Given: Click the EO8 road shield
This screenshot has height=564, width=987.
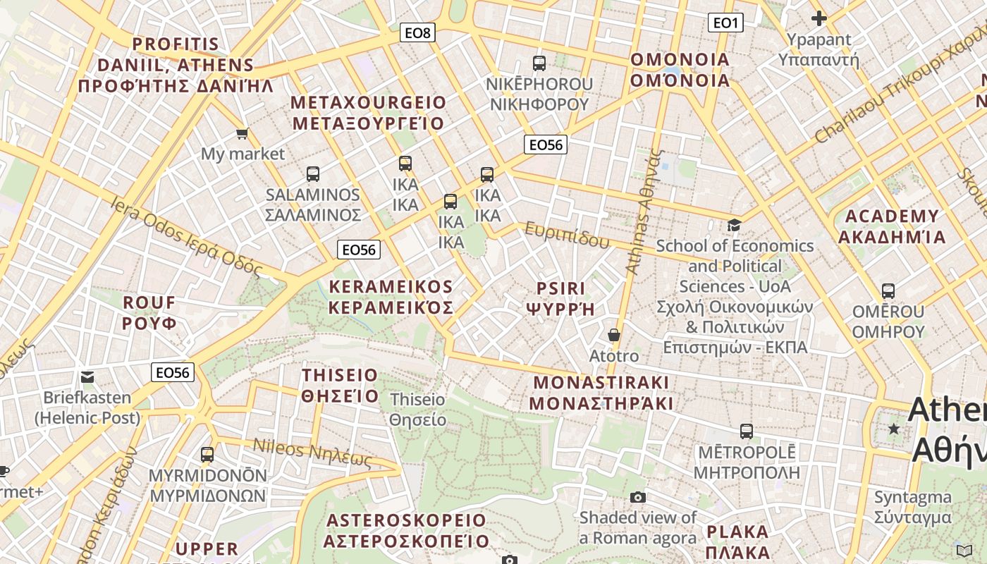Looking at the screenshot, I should pos(417,32).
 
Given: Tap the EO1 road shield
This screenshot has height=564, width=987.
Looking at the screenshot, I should pos(725,23).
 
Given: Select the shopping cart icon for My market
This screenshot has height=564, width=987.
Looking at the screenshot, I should pos(242,133).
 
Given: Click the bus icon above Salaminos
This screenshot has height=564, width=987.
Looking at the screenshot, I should pos(313,173).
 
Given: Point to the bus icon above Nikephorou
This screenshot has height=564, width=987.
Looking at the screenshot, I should pos(539,63).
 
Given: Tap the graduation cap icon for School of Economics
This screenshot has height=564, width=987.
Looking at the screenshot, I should pos(734,226).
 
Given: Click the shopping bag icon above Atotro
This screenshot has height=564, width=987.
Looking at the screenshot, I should pos(614,335).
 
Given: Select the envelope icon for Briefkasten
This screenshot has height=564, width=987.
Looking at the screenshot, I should pos(87,376).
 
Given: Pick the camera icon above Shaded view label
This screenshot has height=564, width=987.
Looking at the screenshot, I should pos(638,497).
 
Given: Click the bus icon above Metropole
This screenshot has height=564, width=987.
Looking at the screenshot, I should pos(747,431).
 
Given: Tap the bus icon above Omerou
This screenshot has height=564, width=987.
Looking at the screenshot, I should pos(888,290).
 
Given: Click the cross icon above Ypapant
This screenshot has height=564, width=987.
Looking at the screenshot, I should pos(819,18).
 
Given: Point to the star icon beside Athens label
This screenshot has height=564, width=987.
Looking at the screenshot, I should pos(894,428).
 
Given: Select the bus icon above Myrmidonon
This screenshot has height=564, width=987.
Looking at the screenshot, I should pos(207,455).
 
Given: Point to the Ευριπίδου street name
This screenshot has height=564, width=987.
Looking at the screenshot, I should pos(567,235).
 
